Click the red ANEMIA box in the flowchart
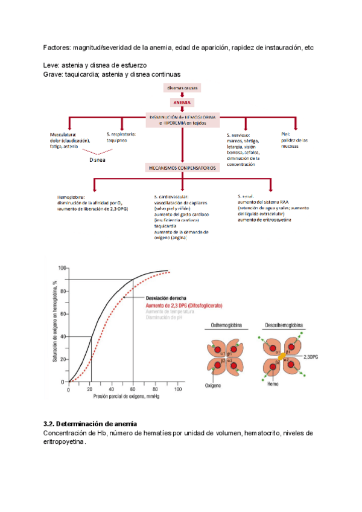pos(182,103)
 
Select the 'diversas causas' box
pos(182,88)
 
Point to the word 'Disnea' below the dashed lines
pos(97,161)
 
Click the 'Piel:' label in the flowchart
pos(286,133)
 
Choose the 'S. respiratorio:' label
pos(121,133)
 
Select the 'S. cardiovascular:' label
pos(171,197)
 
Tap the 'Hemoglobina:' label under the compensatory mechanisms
pos(71,197)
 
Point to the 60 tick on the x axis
pos(132,389)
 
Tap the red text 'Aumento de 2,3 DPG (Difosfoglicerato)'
pos(183,306)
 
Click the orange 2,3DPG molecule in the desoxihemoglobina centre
pos(282,357)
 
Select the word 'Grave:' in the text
pos(54,74)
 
